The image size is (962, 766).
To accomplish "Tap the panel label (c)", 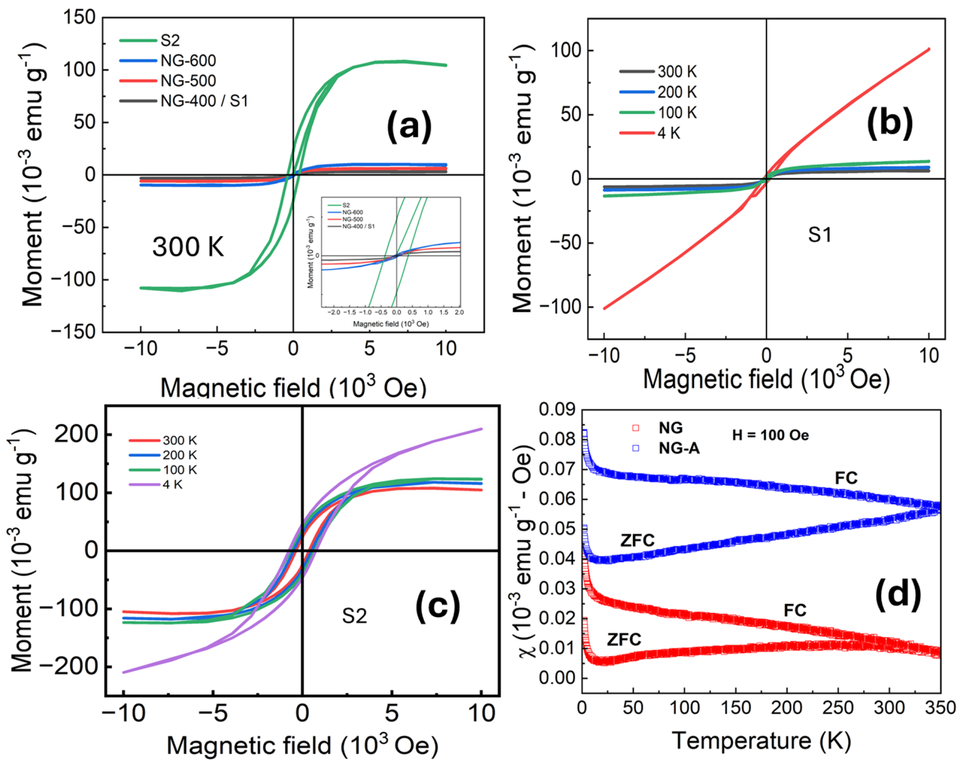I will [437, 606].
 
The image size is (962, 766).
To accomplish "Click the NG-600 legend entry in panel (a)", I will [188, 60].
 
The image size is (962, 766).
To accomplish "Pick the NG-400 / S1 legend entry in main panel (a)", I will [204, 101].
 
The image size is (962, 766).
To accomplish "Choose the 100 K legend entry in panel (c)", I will [179, 469].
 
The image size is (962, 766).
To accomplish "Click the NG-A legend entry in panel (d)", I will [679, 448].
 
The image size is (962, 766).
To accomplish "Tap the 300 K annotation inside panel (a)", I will [188, 246].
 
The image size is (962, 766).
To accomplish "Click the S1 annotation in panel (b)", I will [820, 235].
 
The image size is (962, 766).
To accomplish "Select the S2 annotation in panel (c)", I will [354, 616].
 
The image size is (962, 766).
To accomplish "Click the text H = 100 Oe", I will [770, 435].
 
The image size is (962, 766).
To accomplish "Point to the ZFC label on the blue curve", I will [637, 540].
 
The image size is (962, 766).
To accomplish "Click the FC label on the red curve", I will [795, 610].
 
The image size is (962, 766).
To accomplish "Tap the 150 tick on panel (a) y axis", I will [80, 18].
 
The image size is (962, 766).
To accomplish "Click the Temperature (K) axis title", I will [761, 740].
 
